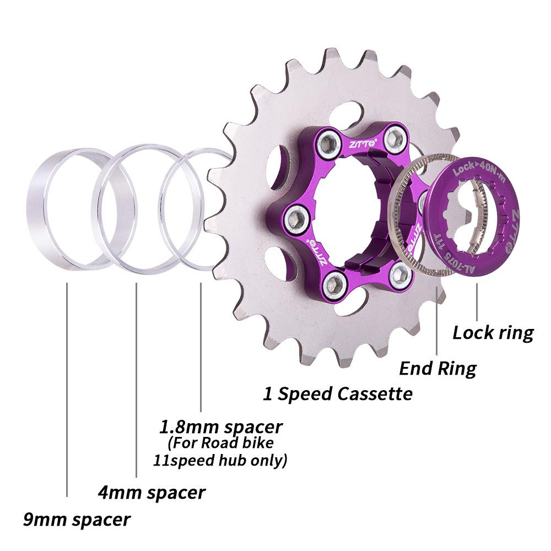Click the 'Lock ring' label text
[493, 333]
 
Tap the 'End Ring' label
[437, 368]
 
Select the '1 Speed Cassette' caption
[337, 394]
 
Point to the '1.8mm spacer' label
[221, 426]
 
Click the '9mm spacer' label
[77, 519]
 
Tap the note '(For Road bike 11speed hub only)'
[220, 451]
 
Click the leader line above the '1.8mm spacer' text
[201, 347]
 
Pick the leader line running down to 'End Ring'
[437, 320]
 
